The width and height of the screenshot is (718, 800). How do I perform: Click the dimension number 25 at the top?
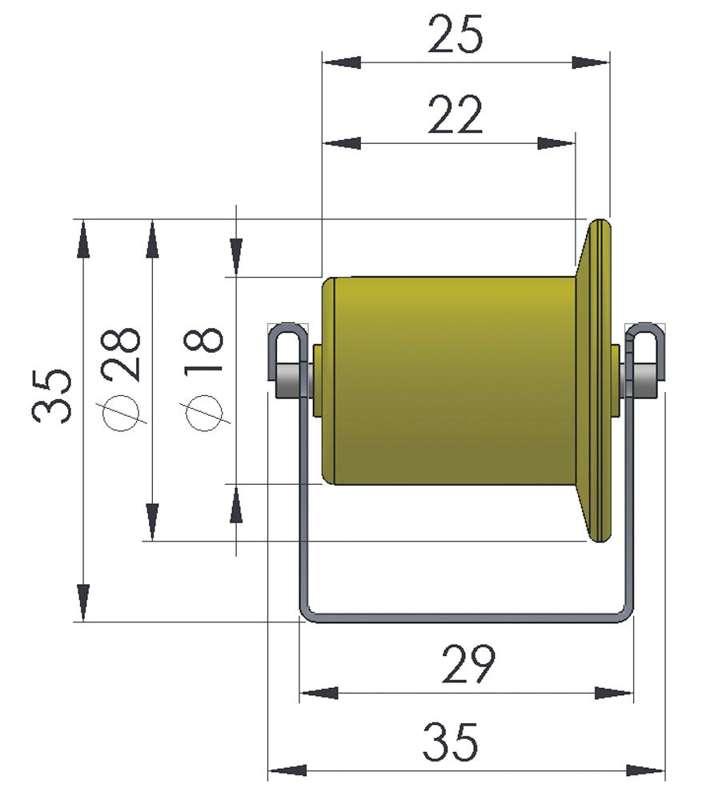(x=455, y=34)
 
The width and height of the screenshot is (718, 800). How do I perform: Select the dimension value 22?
(x=455, y=114)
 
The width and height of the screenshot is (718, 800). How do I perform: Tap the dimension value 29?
(x=468, y=664)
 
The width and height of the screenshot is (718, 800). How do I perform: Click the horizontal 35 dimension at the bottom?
(x=451, y=742)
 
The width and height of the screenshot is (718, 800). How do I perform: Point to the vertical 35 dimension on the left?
(x=51, y=396)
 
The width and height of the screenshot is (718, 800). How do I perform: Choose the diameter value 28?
(x=122, y=354)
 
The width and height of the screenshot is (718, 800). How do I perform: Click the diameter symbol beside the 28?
(x=122, y=412)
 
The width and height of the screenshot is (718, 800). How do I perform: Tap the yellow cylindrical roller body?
(x=455, y=381)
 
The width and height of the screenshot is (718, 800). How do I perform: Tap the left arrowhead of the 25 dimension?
(x=342, y=62)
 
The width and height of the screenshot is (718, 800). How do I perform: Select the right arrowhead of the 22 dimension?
(x=556, y=143)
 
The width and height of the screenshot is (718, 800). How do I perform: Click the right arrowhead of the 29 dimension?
(x=614, y=693)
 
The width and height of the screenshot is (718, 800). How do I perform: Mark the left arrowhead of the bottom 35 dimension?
(x=287, y=770)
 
